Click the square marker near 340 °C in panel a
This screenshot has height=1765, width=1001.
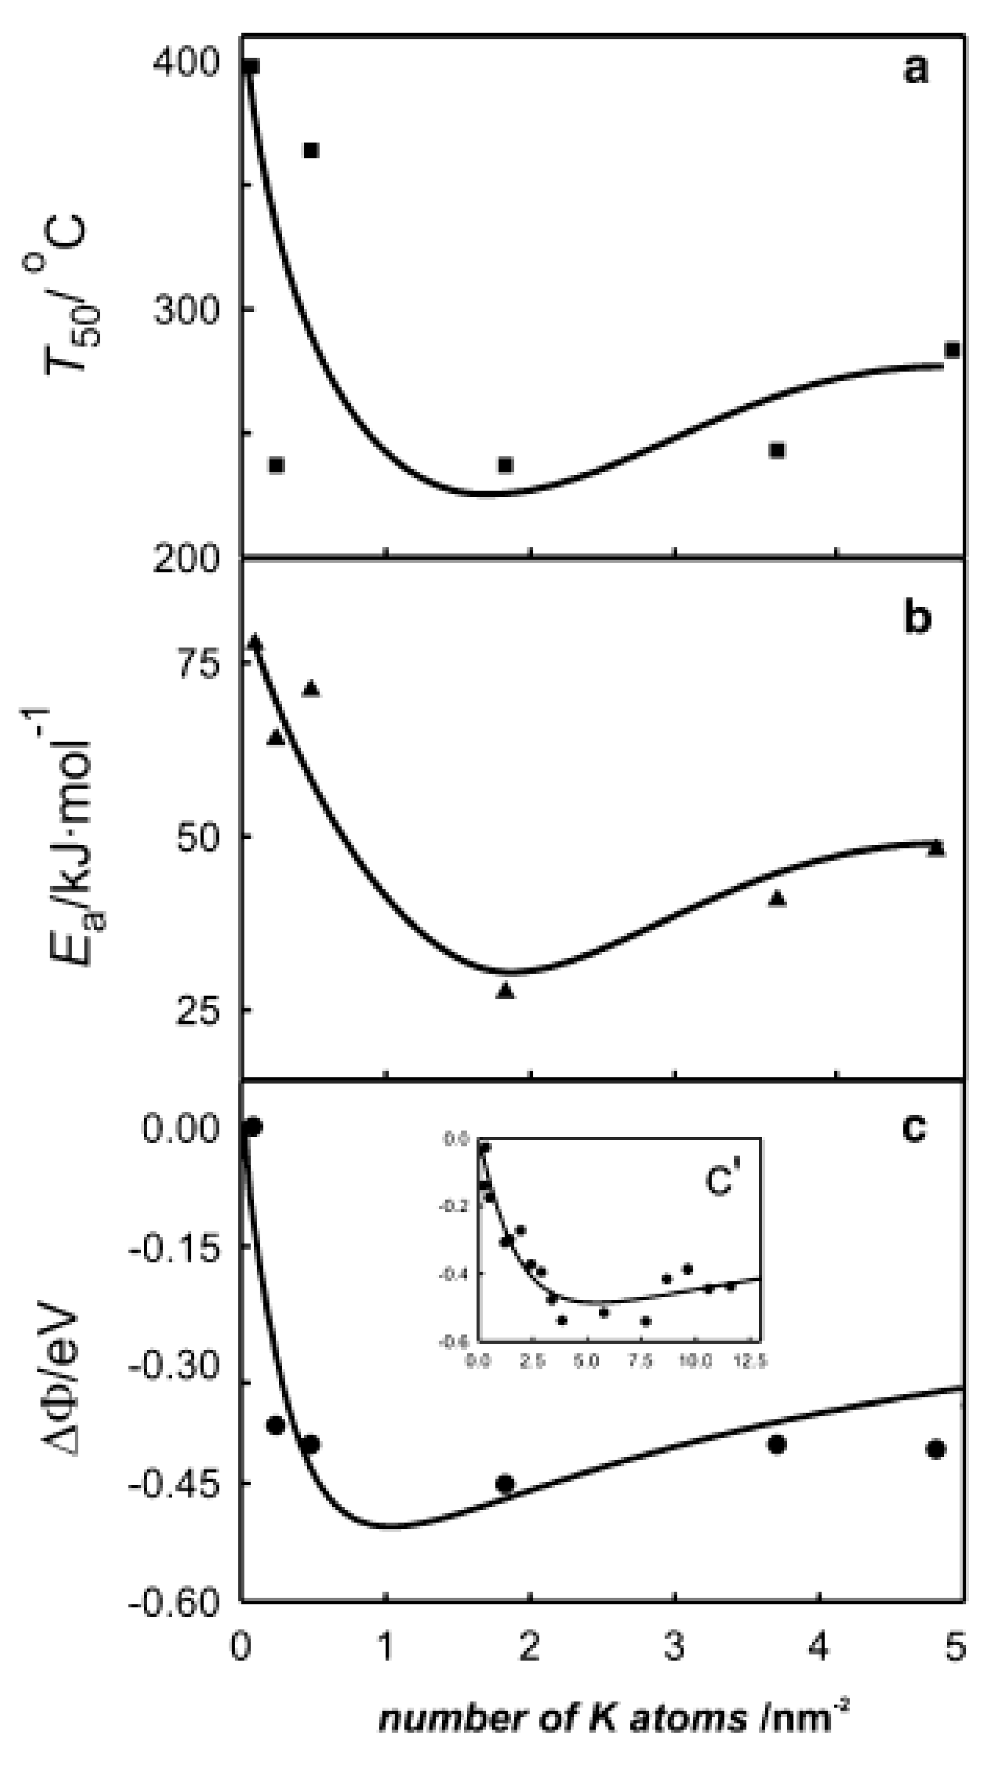[311, 150]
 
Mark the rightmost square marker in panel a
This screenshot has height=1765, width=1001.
[951, 350]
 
